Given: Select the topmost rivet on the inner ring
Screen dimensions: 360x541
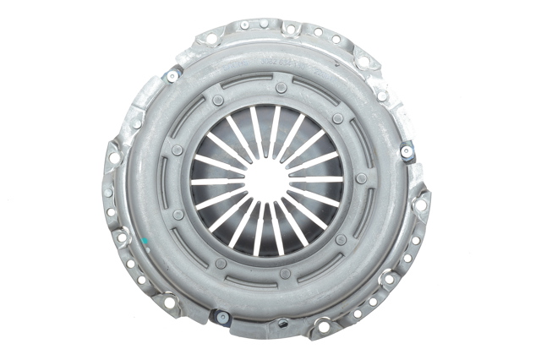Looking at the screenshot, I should (x=281, y=87).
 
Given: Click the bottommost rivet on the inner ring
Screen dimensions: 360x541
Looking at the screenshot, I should (x=285, y=273).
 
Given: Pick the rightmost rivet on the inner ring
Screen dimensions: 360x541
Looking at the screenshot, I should (x=362, y=178).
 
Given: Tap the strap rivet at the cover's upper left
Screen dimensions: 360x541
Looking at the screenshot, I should (x=172, y=76).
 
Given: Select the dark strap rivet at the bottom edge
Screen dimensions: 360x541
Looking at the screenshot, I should (x=222, y=317).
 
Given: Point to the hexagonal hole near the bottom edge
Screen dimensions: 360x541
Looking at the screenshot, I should (x=282, y=322).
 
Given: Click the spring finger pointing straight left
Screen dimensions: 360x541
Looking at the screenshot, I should (x=217, y=181).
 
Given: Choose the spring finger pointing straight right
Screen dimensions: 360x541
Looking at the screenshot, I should (x=317, y=180).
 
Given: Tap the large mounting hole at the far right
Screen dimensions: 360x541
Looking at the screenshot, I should (x=420, y=204).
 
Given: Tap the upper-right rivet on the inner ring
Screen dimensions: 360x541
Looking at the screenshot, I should (x=337, y=118).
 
